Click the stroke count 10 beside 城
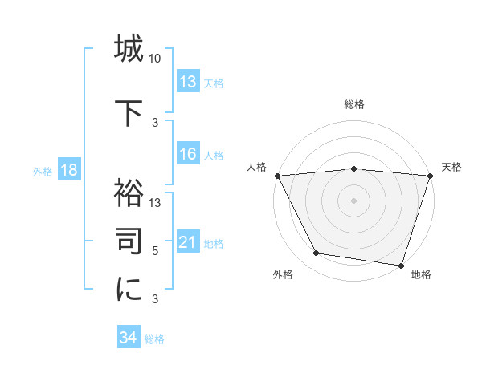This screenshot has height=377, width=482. [x=155, y=59]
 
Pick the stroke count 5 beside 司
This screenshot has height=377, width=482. [x=155, y=251]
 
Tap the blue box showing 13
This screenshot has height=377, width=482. [x=188, y=82]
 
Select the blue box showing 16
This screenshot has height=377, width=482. [x=188, y=155]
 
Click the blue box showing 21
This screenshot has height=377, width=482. [x=188, y=242]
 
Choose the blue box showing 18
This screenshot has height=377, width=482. [x=68, y=170]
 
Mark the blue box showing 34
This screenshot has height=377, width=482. [x=129, y=338]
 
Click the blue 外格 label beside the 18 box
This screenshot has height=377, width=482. [x=43, y=171]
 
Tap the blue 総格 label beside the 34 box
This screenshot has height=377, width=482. [x=154, y=339]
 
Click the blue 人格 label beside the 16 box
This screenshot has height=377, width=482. [x=214, y=156]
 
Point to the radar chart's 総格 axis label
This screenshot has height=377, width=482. [x=354, y=104]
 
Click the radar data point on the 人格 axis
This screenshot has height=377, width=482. [x=277, y=176]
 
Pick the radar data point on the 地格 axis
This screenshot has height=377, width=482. [x=401, y=265]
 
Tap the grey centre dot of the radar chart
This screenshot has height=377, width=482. [x=353, y=200]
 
